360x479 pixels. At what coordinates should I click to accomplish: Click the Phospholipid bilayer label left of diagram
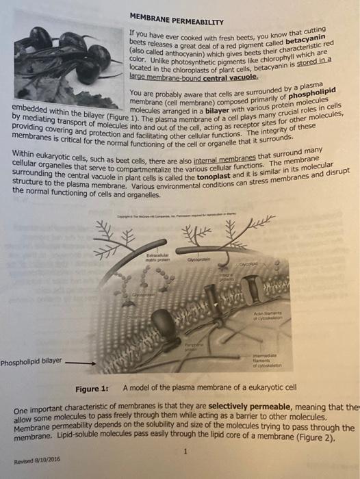(31, 361)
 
